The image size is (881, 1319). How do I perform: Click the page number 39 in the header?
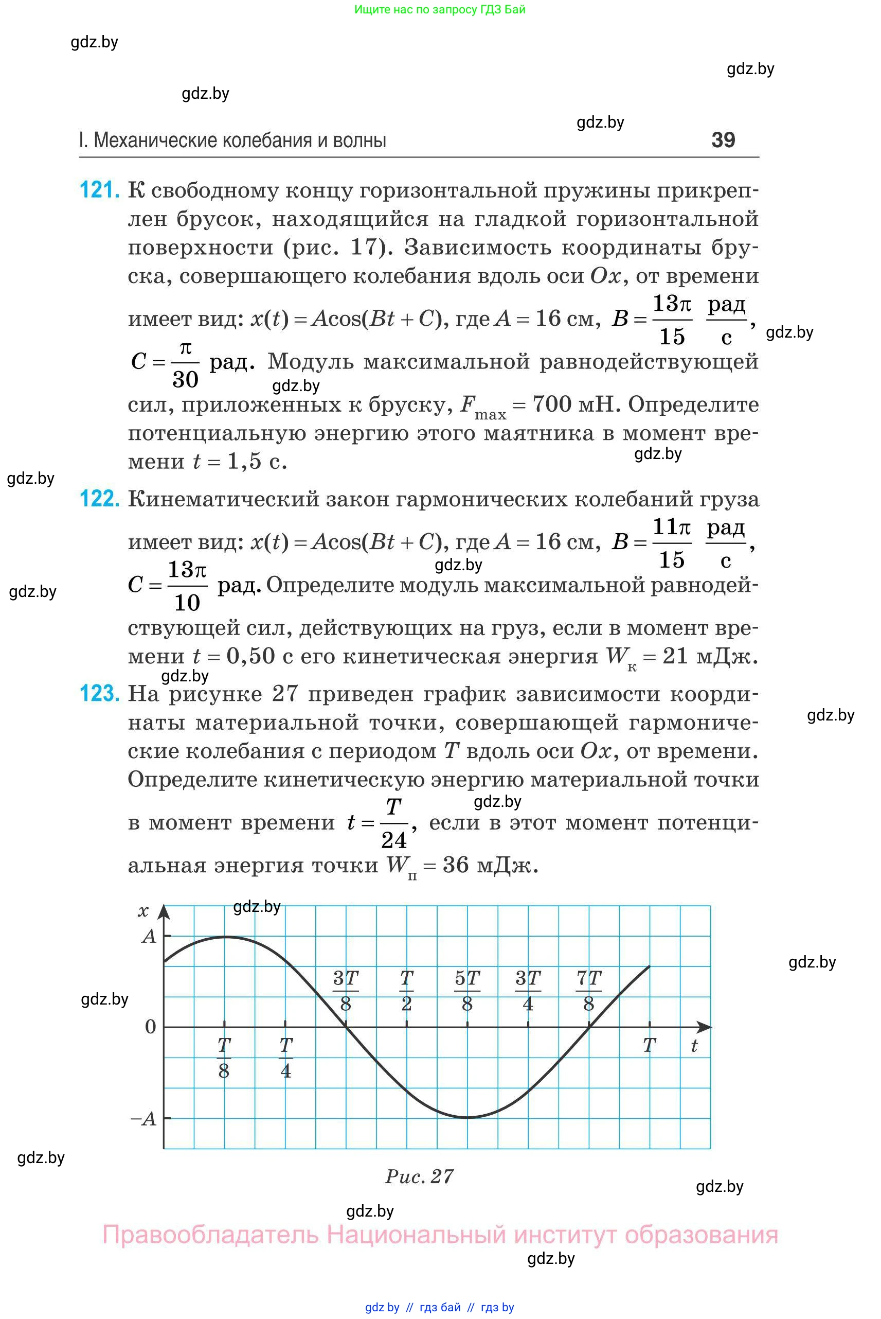[x=723, y=140]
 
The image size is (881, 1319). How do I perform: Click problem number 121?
[x=99, y=190]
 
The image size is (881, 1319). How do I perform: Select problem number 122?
[x=99, y=499]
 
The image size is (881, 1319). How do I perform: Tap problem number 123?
[x=99, y=694]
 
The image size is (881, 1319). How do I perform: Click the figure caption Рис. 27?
[x=419, y=1176]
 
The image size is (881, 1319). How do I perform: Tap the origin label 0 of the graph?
[x=150, y=1027]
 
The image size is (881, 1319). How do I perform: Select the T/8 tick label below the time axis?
[x=224, y=1058]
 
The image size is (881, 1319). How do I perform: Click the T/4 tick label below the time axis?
[x=285, y=1058]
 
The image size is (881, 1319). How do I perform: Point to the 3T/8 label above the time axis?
[x=346, y=991]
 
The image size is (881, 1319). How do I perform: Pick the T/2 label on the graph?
[x=406, y=991]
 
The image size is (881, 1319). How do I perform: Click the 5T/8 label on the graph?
[x=467, y=991]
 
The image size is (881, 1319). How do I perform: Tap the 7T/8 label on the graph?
[x=588, y=991]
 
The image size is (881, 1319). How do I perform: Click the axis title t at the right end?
[x=694, y=1046]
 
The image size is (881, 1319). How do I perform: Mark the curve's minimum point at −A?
[x=467, y=1118]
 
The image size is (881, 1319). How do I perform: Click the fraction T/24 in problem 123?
[x=393, y=823]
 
